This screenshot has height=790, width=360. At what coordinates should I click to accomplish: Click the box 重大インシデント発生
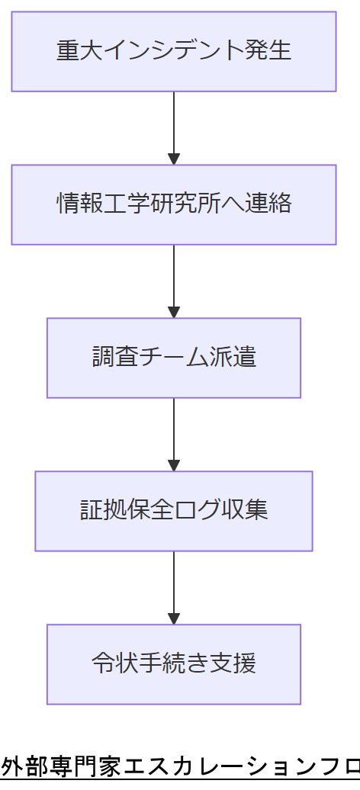click(174, 51)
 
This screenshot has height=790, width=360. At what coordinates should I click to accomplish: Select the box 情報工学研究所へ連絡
click(174, 204)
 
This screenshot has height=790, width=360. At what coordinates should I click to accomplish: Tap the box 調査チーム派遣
click(174, 358)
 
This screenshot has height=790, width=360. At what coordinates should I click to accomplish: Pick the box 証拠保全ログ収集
click(174, 511)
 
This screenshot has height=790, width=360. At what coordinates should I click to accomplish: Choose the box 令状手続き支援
click(174, 664)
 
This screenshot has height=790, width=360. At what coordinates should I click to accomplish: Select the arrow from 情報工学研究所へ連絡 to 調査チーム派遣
click(174, 281)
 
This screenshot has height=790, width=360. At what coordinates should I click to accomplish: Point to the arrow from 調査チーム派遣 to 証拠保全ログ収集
click(174, 434)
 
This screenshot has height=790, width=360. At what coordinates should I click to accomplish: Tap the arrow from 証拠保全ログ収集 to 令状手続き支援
click(174, 587)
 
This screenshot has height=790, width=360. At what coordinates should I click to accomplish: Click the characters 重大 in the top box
click(79, 51)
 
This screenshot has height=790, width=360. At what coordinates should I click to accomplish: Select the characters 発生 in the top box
click(268, 51)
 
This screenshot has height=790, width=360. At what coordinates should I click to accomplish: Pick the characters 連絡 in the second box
click(268, 204)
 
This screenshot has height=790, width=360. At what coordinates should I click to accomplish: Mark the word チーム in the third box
click(174, 358)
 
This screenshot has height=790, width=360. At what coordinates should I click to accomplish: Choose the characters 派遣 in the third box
click(233, 358)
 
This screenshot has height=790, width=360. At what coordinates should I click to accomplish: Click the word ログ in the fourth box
click(198, 511)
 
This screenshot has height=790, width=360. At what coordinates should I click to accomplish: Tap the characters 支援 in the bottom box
click(233, 664)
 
